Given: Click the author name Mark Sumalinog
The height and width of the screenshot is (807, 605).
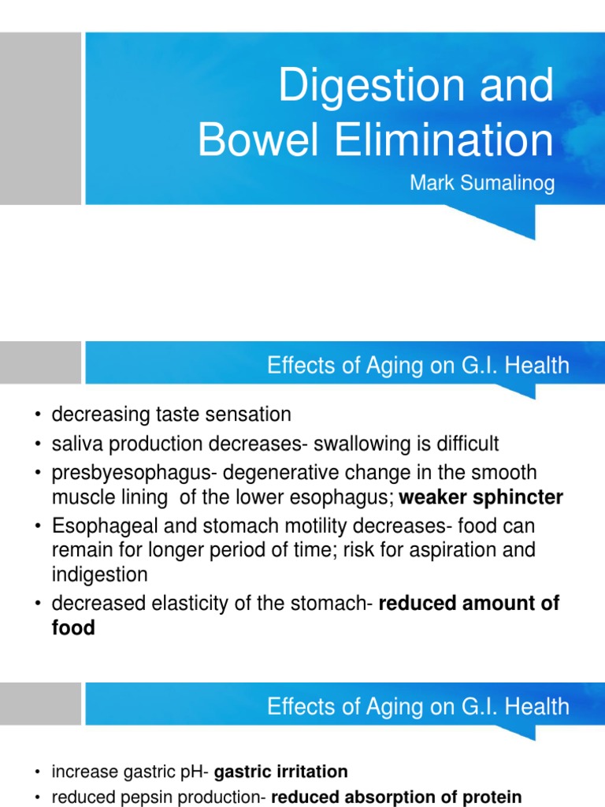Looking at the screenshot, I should [482, 184].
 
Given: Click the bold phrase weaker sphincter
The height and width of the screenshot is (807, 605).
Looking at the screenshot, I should [482, 497].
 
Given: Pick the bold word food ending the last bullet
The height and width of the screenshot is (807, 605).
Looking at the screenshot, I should [73, 628].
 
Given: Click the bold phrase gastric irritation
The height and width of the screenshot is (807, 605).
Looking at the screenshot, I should [280, 772].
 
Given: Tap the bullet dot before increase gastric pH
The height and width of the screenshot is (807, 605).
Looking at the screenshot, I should [37, 772].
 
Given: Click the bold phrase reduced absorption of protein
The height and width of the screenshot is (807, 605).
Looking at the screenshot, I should [397, 797].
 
